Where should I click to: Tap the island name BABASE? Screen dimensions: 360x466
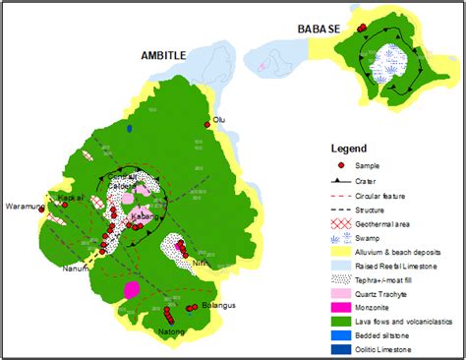pos(320,30)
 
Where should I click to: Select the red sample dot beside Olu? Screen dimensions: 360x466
pos(208,124)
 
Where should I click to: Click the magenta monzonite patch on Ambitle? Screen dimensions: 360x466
pos(131,290)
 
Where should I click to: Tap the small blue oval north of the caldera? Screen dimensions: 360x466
pos(130,127)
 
